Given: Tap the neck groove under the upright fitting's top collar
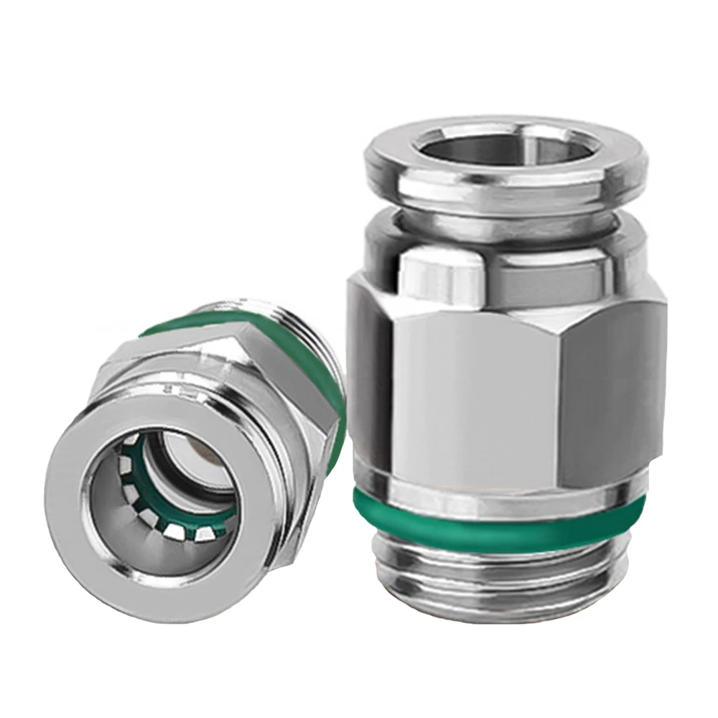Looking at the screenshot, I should coord(503,213).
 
